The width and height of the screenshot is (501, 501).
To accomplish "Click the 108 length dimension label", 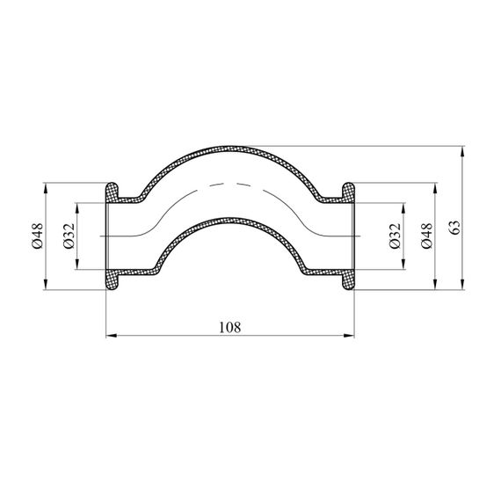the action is [229, 327].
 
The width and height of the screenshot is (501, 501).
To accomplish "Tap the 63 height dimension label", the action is [455, 227].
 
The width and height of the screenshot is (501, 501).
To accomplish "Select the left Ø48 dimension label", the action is [37, 236].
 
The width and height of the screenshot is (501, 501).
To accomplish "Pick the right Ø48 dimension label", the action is [426, 236].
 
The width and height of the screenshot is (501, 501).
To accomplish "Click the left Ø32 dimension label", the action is [69, 236].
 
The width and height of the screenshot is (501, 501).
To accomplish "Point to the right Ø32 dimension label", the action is [395, 236].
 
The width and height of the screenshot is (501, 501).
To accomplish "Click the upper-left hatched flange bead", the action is [113, 192].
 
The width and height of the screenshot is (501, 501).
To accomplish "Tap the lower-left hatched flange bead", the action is [113, 280].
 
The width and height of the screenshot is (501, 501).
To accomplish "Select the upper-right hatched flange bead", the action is [348, 192].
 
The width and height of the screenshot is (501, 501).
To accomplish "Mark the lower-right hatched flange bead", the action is [348, 280].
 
